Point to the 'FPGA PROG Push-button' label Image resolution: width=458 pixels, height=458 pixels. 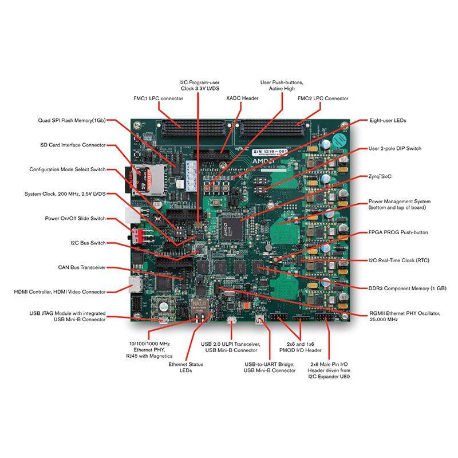click(x=397, y=233)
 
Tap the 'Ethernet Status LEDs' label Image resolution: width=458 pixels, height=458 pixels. click(x=185, y=368)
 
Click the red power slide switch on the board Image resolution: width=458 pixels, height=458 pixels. click(x=136, y=235)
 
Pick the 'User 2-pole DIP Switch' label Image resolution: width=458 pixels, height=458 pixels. click(x=394, y=148)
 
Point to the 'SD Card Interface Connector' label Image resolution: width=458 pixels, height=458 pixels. click(x=73, y=145)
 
